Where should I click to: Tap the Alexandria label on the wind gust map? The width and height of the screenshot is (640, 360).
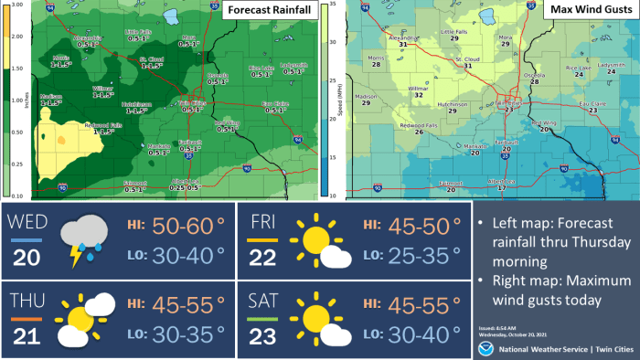tap(403, 39)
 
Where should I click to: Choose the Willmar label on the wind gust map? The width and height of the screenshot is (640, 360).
tap(417, 90)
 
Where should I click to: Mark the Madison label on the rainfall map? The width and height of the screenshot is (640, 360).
tap(51, 97)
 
